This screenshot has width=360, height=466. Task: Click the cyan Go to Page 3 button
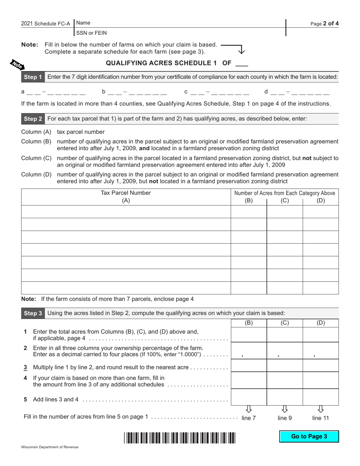(x=309, y=436)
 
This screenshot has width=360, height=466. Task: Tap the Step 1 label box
(x=33, y=77)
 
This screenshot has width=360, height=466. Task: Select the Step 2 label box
(x=33, y=119)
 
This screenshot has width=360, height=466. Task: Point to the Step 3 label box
(x=33, y=313)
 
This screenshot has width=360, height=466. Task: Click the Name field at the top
(x=180, y=23)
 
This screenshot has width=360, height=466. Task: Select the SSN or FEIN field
(x=180, y=33)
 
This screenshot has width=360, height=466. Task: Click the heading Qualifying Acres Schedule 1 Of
(x=177, y=63)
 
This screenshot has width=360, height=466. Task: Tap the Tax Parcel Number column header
(x=126, y=197)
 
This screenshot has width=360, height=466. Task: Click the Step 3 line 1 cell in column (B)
(x=249, y=335)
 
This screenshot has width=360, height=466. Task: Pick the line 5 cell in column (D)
(x=321, y=397)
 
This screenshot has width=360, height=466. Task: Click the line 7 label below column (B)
(x=249, y=418)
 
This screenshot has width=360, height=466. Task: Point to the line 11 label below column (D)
(x=321, y=418)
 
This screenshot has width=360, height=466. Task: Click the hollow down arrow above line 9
(x=285, y=409)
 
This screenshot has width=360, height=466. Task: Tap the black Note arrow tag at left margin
(x=16, y=64)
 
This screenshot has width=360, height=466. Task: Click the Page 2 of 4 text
(x=324, y=23)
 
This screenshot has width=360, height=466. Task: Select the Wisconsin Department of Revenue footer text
(x=50, y=447)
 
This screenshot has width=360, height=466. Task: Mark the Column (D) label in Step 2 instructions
(x=36, y=175)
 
